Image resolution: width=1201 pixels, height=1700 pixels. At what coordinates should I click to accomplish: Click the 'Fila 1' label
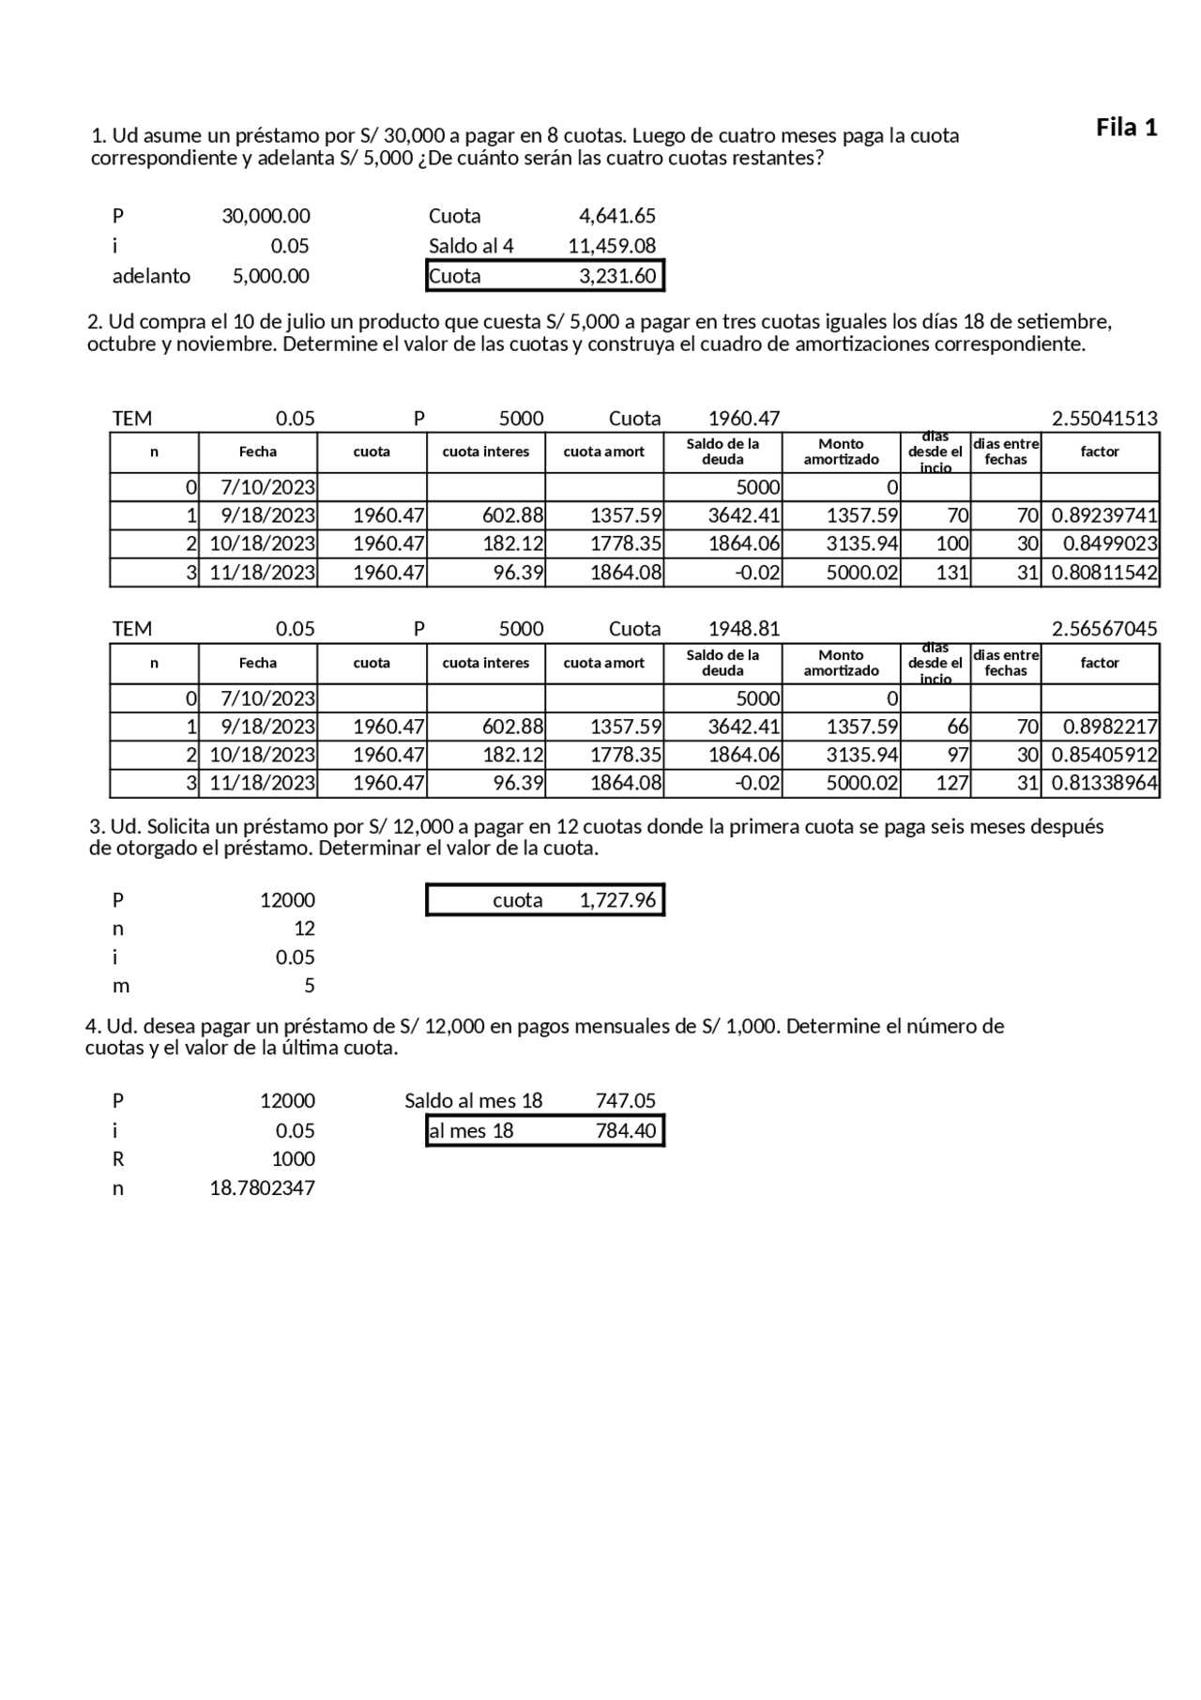click(x=1126, y=128)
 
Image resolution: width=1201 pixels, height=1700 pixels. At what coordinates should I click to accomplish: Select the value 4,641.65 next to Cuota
click(x=616, y=216)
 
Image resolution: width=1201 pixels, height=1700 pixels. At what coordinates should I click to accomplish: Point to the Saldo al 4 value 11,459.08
click(x=611, y=246)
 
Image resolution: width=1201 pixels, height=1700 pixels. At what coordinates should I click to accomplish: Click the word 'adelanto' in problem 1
click(x=151, y=276)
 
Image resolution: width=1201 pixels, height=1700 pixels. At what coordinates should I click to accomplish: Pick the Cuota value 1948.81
click(x=743, y=629)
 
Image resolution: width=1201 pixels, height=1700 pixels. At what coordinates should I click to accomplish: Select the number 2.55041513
click(x=1103, y=419)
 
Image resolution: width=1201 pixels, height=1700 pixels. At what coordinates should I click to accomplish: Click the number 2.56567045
click(x=1103, y=629)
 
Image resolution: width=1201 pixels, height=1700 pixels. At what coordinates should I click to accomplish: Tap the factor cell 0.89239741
click(x=1103, y=515)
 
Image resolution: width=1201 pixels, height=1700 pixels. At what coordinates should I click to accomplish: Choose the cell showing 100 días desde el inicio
click(x=951, y=544)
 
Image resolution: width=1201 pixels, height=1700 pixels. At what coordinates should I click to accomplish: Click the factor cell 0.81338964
click(x=1103, y=783)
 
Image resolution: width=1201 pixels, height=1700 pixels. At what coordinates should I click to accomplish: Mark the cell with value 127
click(x=951, y=783)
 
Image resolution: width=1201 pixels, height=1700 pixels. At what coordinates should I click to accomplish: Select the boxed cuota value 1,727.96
click(x=616, y=900)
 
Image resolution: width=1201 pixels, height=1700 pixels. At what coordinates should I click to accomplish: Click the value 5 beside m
click(x=309, y=986)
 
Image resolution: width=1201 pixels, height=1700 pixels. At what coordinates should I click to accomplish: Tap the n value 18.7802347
click(x=262, y=1188)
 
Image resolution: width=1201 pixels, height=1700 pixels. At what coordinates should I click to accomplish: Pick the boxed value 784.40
click(x=625, y=1131)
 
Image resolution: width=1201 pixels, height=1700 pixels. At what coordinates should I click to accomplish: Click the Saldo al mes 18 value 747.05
click(x=625, y=1101)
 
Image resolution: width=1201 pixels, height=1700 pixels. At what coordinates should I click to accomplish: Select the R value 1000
click(x=293, y=1159)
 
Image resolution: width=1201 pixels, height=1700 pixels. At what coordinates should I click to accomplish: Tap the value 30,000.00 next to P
click(x=266, y=216)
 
